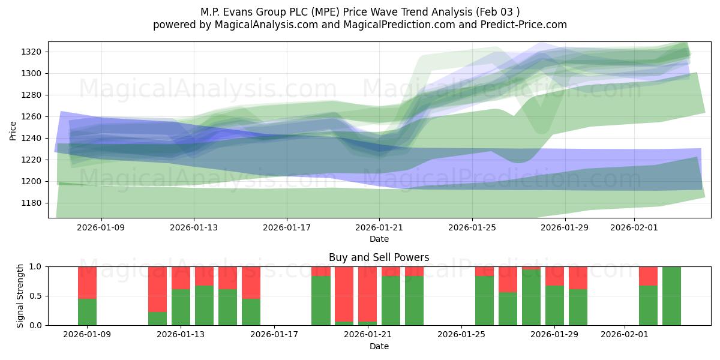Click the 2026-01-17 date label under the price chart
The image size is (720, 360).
pos(286,227)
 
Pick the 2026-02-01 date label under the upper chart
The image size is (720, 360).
pos(634,227)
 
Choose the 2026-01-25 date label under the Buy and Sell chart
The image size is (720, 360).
pos(461,334)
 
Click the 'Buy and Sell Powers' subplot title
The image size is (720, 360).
pos(379,257)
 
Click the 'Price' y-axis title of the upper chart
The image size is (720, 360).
pos(13,130)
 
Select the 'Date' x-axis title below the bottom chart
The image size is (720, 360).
pos(379,346)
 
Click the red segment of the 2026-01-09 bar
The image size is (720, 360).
pos(87,282)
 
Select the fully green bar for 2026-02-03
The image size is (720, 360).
pos(671,296)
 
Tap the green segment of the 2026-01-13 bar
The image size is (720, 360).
pos(181,307)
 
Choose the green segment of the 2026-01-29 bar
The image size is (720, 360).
pos(578,307)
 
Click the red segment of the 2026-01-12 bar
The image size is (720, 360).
pos(157,289)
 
